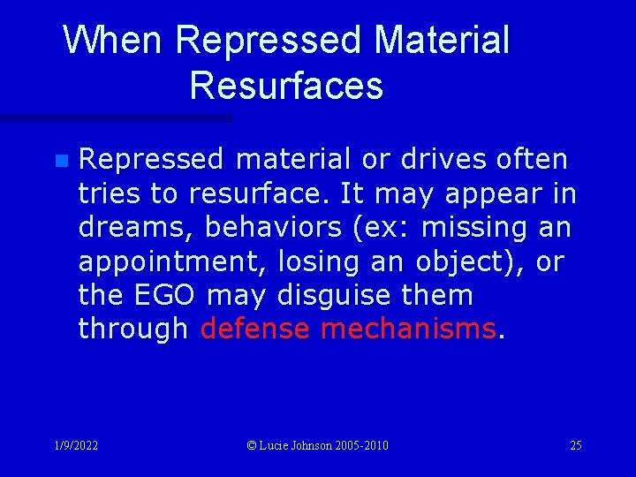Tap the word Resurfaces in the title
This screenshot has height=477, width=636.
tap(285, 86)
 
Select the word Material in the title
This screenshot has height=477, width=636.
tap(441, 41)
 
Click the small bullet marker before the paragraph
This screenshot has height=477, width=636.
tap(60, 161)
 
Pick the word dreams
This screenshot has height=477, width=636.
tap(134, 227)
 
